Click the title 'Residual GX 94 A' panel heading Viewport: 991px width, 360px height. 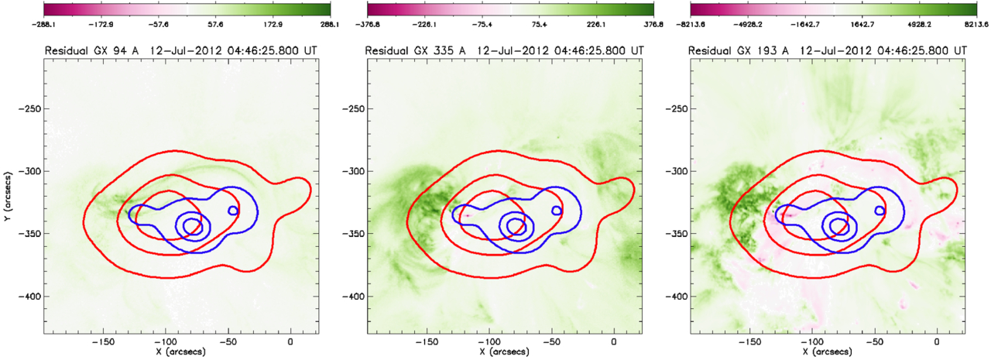point(91,51)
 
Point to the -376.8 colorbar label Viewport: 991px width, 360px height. point(367,25)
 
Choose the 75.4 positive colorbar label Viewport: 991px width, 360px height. point(539,25)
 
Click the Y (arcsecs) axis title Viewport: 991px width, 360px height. point(9,197)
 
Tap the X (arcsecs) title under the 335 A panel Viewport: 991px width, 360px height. point(505,352)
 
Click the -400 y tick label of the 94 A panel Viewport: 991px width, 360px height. point(29,296)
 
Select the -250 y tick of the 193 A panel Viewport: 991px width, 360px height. point(676,108)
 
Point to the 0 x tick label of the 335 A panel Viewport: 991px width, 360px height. point(614,342)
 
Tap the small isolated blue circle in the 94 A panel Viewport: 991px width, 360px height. point(233,211)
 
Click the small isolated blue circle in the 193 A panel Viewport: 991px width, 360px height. point(880,211)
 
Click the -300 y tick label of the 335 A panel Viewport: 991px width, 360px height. point(352,171)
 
